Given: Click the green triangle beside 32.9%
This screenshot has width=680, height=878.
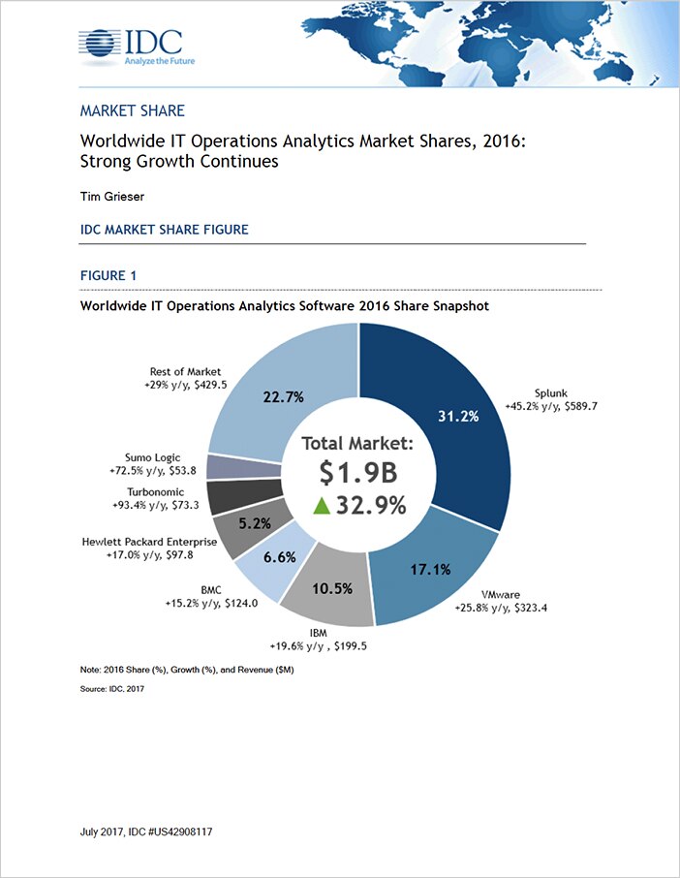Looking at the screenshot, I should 320,505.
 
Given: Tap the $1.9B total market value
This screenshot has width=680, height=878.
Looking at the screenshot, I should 358,474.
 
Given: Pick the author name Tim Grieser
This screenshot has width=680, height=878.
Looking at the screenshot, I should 113,196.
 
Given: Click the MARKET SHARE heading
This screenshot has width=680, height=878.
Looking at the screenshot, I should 132,111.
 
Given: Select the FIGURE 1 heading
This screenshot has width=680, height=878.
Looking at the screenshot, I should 108,276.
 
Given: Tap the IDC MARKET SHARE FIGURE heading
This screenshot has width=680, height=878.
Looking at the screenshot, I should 164,230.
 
